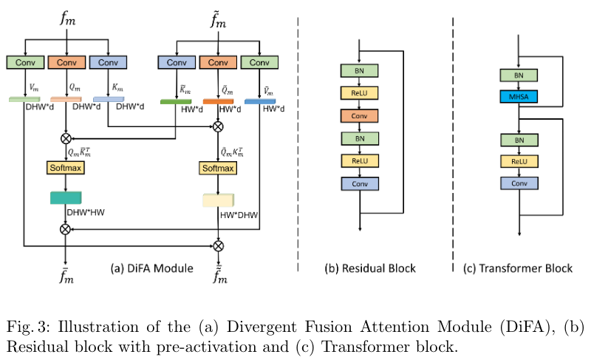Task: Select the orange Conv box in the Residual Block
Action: pos(359,115)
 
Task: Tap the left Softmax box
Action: pos(66,169)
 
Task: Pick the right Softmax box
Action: pos(218,169)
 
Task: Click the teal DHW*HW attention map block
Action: pos(66,197)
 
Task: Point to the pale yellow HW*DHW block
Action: pos(218,200)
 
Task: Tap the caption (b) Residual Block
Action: pos(370,268)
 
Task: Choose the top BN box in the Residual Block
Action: pos(359,70)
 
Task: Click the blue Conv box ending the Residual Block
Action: pos(359,183)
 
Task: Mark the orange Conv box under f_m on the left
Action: pos(66,63)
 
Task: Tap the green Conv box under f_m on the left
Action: pos(25,63)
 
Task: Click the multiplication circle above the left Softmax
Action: pos(66,137)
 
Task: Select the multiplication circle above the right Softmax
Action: pos(218,126)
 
